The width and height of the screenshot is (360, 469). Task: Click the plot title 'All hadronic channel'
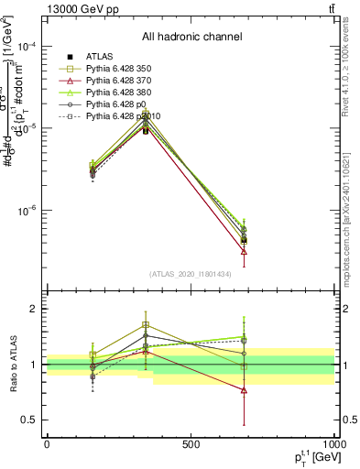click(191, 37)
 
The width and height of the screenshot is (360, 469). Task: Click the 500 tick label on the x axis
click(191, 444)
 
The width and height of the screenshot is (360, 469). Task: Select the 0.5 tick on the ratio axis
click(33, 420)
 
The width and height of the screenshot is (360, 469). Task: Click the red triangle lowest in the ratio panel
click(244, 390)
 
